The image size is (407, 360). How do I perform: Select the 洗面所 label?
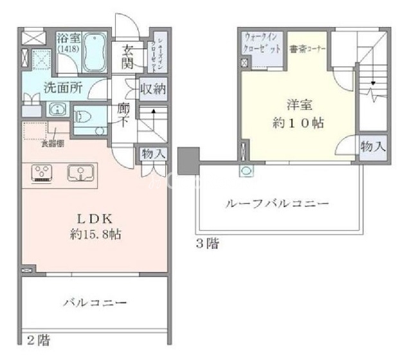(62, 89)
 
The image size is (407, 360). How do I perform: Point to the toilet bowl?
(83, 117)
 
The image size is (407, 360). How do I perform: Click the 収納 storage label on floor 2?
(153, 88)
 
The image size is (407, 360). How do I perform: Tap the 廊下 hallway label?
(125, 115)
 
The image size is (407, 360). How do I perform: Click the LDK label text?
(96, 218)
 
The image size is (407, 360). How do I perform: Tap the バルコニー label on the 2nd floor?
(96, 301)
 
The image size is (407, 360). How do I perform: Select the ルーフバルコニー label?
(277, 204)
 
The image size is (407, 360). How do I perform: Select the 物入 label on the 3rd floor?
(373, 146)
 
